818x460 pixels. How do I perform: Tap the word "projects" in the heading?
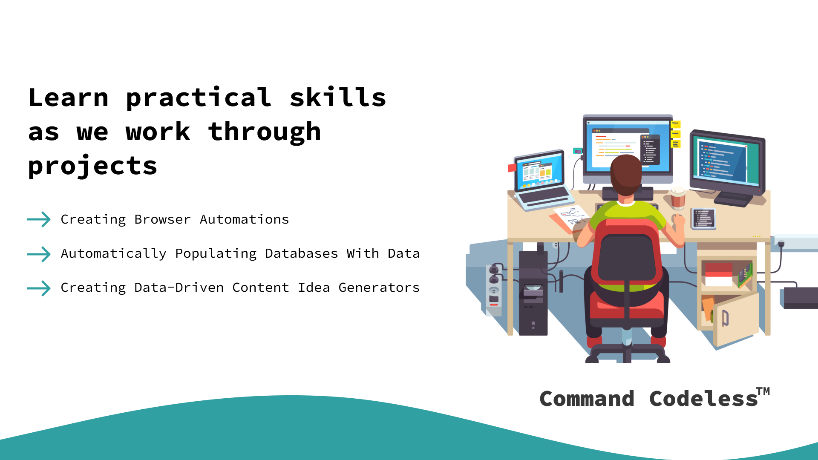click(x=93, y=166)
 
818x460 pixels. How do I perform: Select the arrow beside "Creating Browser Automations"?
click(x=39, y=219)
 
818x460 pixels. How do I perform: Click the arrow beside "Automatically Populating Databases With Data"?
click(x=39, y=254)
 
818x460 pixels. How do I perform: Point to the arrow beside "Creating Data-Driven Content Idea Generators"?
click(x=39, y=288)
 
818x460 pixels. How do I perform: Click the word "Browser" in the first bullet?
click(x=162, y=219)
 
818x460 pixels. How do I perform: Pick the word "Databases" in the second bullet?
click(x=301, y=253)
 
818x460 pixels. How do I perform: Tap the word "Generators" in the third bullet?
click(x=379, y=287)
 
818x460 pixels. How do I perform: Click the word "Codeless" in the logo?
click(x=703, y=399)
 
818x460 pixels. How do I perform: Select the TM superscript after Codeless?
click(x=763, y=391)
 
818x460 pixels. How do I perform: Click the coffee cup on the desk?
click(x=678, y=198)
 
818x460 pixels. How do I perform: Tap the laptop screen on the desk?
click(x=539, y=171)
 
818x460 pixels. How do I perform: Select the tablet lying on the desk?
click(x=704, y=218)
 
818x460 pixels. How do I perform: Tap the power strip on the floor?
click(x=494, y=290)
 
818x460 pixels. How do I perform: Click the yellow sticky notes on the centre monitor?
click(x=676, y=134)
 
